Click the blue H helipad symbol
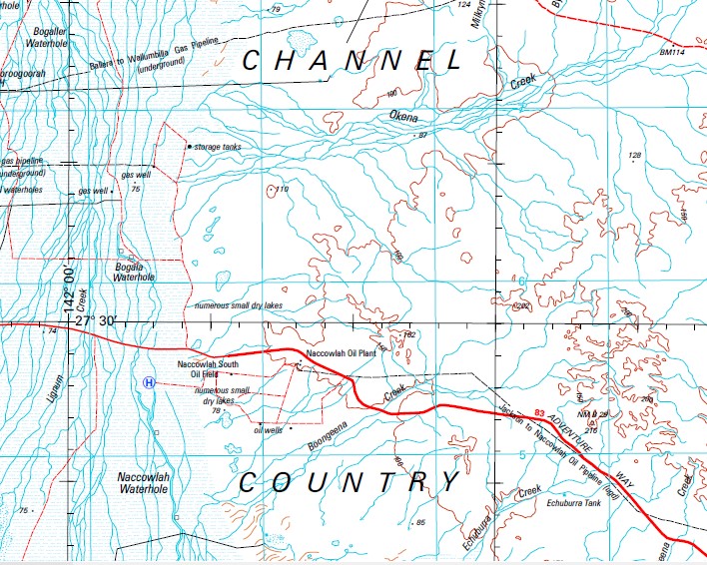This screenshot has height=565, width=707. pos(149,382)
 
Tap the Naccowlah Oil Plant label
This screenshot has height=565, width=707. pos(339,354)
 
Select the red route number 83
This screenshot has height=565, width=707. pos(540,411)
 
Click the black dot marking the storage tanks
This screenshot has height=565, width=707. pos(189,148)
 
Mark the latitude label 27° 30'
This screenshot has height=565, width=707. pos(95,320)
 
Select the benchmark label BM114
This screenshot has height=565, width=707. pos(675,52)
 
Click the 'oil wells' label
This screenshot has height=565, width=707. pos(269,430)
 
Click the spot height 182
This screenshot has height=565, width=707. pos(407,334)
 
